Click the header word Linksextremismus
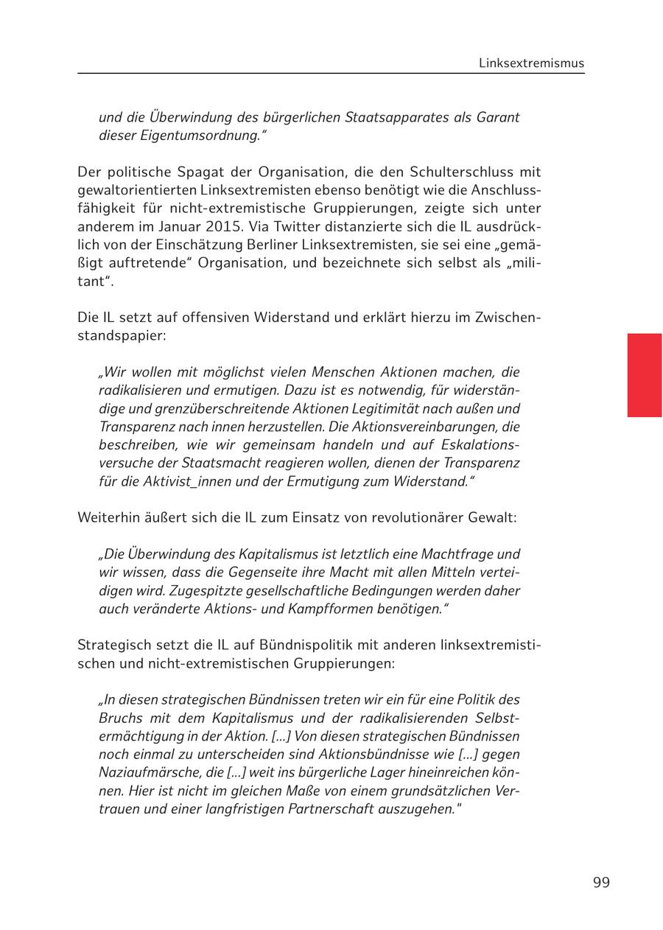pos(531,63)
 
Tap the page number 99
pos(601,883)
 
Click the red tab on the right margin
pos(644,375)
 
